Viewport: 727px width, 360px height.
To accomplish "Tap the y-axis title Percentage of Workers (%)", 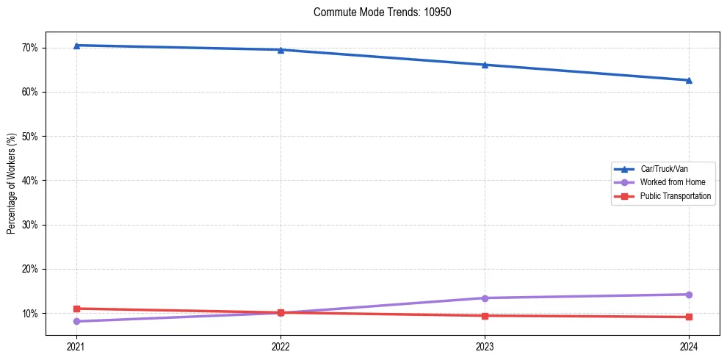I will coord(12,184).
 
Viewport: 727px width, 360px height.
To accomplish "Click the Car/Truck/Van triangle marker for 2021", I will coord(76,46).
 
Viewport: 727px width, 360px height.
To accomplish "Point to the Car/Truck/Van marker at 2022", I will coord(281,50).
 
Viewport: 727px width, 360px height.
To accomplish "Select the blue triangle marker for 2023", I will coord(485,65).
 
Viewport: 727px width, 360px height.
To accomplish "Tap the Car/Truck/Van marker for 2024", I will coord(689,80).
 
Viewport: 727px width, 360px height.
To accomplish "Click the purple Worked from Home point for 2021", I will coord(76,321).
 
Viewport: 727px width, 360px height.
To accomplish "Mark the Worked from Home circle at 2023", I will coord(485,298).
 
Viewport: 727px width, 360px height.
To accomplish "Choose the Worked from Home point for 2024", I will coord(689,295).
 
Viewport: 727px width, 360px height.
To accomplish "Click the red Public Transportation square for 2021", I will coord(76,309).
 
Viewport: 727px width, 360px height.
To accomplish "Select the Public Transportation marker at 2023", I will coord(485,316).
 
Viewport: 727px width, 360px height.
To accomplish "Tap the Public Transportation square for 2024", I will coord(689,317).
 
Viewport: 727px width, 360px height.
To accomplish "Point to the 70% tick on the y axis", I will coord(30,48).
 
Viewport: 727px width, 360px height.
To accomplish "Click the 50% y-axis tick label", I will coord(30,137).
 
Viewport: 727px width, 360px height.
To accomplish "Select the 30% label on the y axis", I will coord(30,225).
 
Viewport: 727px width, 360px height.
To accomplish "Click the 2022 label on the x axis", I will coord(281,347).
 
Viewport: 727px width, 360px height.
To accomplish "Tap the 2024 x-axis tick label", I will coord(689,347).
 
